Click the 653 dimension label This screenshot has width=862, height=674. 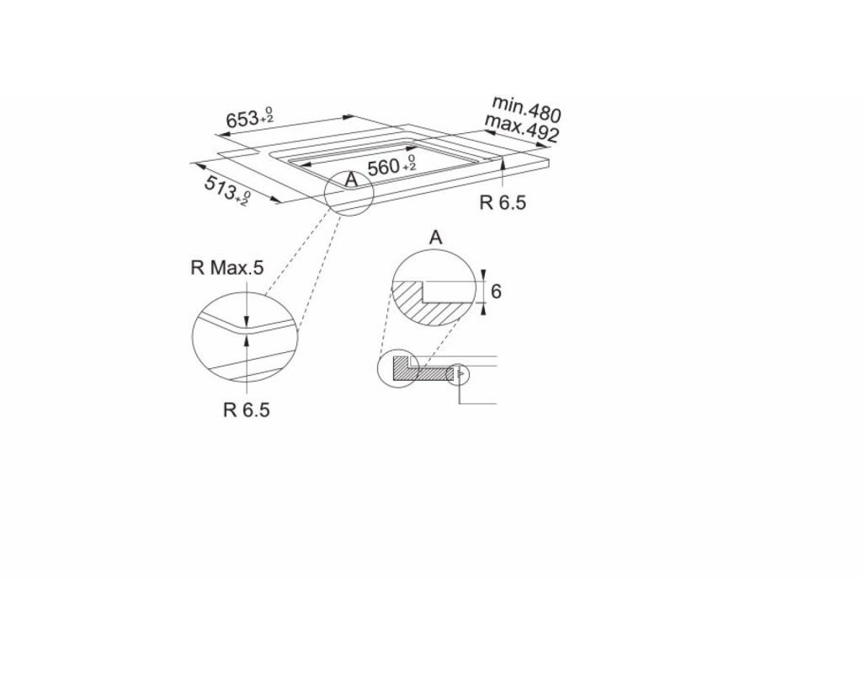pos(249,118)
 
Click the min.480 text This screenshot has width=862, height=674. pos(526,109)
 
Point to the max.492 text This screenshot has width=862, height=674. pos(521,129)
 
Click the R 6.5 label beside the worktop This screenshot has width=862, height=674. pos(503,202)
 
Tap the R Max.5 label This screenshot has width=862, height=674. pos(227,268)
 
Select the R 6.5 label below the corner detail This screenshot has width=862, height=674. pos(247,410)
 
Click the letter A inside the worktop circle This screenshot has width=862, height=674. pos(351,179)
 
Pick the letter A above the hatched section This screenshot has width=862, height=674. pos(435,238)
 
